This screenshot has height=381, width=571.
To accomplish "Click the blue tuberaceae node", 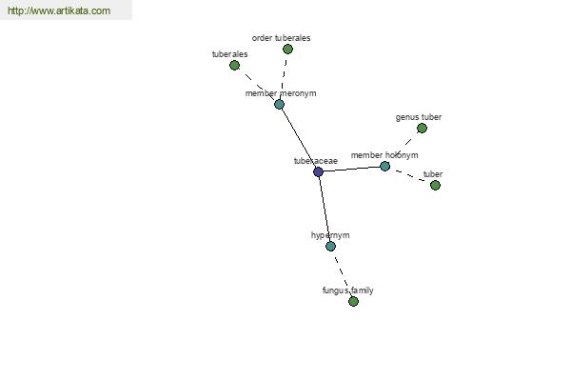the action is coord(318,171).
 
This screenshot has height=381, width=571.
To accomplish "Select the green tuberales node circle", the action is coord(234,66).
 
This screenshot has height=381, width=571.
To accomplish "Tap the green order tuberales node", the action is coord(287,49).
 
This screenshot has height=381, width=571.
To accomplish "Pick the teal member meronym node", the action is coord(279,104).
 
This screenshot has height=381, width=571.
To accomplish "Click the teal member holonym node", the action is coord(384,167).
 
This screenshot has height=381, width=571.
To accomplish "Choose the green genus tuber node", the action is coord(422,128).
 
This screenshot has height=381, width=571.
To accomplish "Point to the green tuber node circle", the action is coord(435,185).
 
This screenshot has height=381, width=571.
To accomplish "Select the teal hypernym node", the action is coord(330,246).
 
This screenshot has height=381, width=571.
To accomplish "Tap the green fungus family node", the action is coord(353,301).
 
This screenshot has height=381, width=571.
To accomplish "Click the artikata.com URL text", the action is coord(59,10).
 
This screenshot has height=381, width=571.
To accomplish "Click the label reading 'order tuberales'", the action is coord(281,38).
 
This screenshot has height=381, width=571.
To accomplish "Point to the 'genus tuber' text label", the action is coord(419,117).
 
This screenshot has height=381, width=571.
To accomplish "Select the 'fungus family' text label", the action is coord(347,291).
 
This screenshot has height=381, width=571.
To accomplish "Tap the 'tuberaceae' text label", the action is coord(316,161).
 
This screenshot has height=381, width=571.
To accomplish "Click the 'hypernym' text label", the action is coord(330,235).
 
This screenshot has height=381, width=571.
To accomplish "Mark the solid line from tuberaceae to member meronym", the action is coord(299,138).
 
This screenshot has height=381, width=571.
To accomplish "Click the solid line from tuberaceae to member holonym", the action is coord(351,169).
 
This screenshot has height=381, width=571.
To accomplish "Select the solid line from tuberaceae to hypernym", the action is coord(325,209).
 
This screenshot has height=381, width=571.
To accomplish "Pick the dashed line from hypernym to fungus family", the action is coord(342,273).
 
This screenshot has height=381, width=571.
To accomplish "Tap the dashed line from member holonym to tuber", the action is coord(410,175).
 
